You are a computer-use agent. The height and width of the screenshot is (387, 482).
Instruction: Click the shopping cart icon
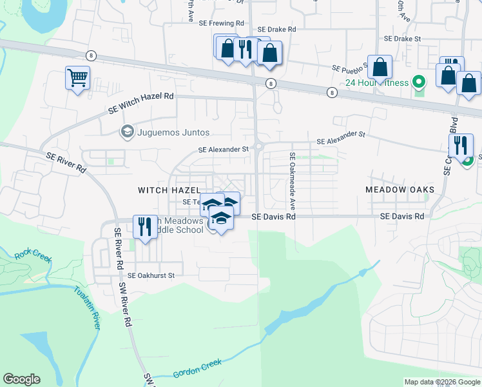pyautogui.click(x=77, y=78)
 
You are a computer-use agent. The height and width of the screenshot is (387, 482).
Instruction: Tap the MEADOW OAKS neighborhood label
pyautogui.click(x=400, y=190)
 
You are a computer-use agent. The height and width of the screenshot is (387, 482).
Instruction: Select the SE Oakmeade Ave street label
pyautogui.click(x=292, y=181)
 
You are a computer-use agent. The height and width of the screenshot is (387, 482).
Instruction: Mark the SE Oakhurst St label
pyautogui.click(x=151, y=275)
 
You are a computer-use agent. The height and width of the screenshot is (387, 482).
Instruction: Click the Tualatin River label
pyautogui.click(x=86, y=308)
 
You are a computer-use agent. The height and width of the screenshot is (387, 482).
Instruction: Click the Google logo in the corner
pyautogui.click(x=21, y=379)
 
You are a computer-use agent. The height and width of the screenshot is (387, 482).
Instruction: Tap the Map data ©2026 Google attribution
pyautogui.click(x=441, y=382)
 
